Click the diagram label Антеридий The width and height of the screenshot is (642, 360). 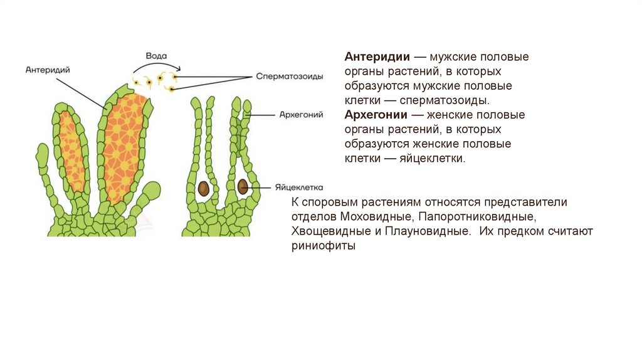pos(48,70)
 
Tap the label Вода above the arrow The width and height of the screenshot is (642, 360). pos(155,55)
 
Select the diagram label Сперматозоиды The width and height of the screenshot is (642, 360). pos(289,77)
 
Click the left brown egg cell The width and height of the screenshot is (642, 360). pos(204,188)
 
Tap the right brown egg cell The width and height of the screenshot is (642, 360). pos(243,186)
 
